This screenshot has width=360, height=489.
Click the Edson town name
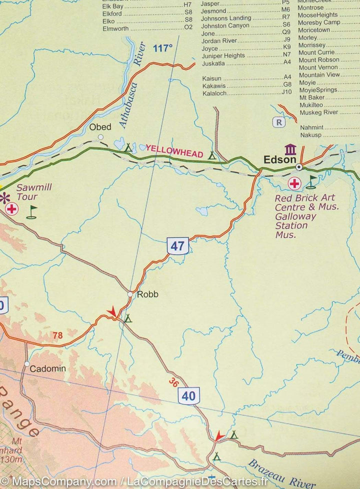tap(279, 160)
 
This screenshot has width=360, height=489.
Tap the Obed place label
tap(100, 127)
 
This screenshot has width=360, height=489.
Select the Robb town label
tap(147, 294)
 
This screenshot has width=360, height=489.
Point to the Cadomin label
tap(47, 369)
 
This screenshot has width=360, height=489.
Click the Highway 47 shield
tap(177, 245)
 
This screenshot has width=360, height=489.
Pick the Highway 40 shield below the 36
tap(188, 396)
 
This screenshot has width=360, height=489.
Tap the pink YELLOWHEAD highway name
tap(174, 151)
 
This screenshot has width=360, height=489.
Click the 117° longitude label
tap(162, 48)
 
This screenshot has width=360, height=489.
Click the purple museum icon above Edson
tap(290, 149)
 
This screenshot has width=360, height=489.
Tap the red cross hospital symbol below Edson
tap(294, 183)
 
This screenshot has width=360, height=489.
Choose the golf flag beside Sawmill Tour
tap(31, 212)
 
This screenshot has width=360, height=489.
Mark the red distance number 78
tap(57, 335)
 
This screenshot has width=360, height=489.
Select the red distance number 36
tap(173, 383)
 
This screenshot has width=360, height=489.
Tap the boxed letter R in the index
tap(278, 122)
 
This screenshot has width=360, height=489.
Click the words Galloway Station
tap(295, 221)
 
